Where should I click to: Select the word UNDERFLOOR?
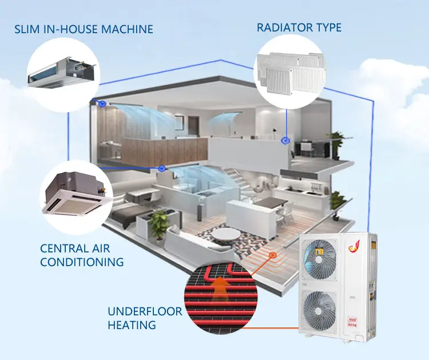point(145,312)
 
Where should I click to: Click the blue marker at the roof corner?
point(101,105)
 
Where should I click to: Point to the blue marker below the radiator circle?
point(285,139)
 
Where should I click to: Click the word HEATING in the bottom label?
point(132,325)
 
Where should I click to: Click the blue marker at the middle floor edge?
point(162,168)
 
